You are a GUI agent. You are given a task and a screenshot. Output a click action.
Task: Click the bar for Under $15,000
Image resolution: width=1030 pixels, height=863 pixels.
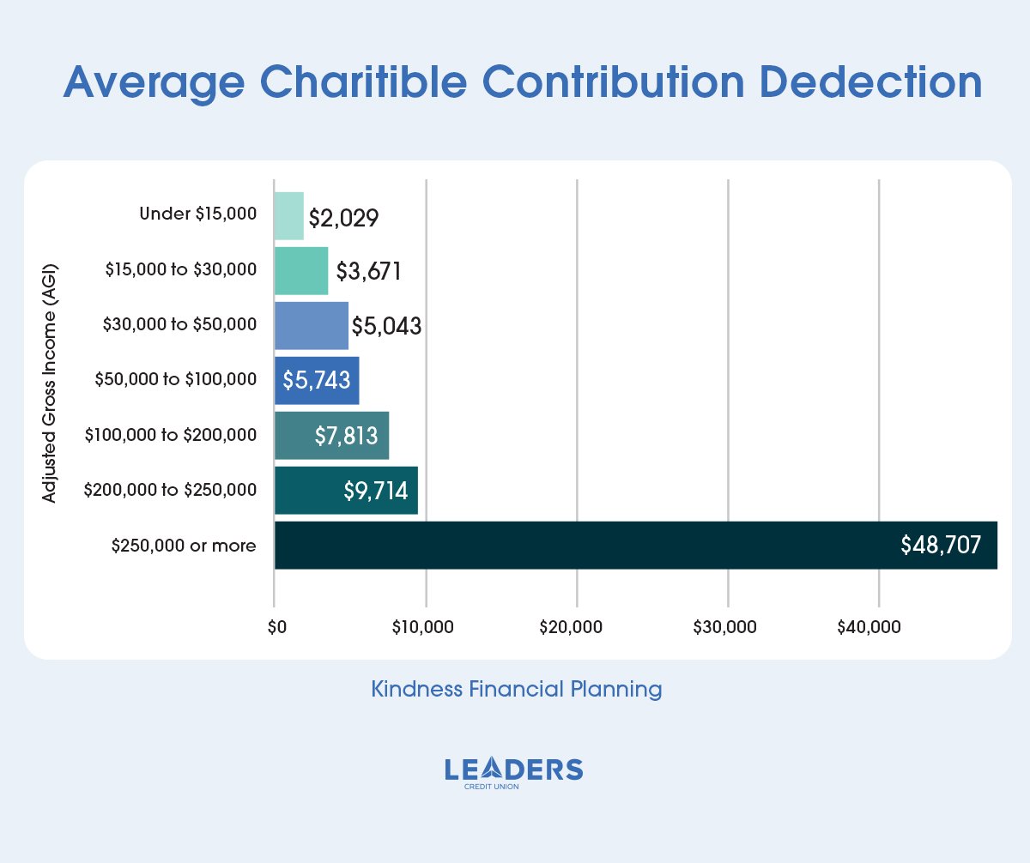289,215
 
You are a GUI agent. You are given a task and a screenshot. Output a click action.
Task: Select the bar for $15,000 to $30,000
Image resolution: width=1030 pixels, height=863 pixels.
301,271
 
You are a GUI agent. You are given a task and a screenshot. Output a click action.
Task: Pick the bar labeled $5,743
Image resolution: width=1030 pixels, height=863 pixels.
317,381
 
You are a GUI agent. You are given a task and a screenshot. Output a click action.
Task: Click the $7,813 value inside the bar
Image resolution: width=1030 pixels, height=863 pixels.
346,436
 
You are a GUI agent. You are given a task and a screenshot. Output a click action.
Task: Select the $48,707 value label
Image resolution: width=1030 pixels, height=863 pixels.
940,546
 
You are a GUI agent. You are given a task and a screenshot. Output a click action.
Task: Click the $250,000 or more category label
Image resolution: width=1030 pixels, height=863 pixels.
184,546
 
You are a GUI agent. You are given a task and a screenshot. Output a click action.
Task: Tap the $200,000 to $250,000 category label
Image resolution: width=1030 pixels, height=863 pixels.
170,491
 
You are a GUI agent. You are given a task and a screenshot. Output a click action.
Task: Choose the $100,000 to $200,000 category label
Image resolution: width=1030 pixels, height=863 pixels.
170,436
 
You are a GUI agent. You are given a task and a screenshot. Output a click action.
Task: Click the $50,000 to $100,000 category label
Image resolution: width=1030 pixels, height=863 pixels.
176,379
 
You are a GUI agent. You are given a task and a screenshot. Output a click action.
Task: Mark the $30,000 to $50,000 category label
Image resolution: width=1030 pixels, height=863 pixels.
179,325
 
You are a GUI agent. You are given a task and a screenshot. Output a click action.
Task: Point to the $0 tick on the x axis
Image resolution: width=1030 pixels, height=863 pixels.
275,628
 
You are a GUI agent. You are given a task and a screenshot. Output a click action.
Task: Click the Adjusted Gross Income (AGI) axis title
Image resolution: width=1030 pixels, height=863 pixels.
49,381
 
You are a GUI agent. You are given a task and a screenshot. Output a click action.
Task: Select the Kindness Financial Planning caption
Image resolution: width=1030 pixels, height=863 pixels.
516,689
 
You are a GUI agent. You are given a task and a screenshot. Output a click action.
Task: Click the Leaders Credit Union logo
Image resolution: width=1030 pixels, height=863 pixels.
514,772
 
